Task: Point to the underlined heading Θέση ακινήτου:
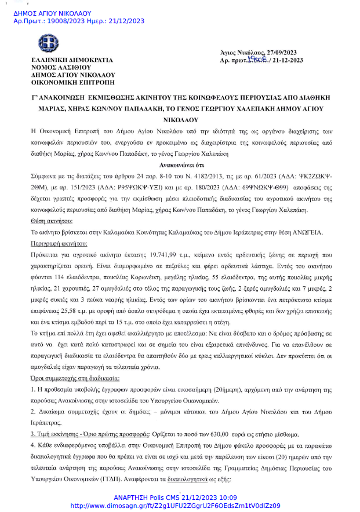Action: click(x=52, y=222)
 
